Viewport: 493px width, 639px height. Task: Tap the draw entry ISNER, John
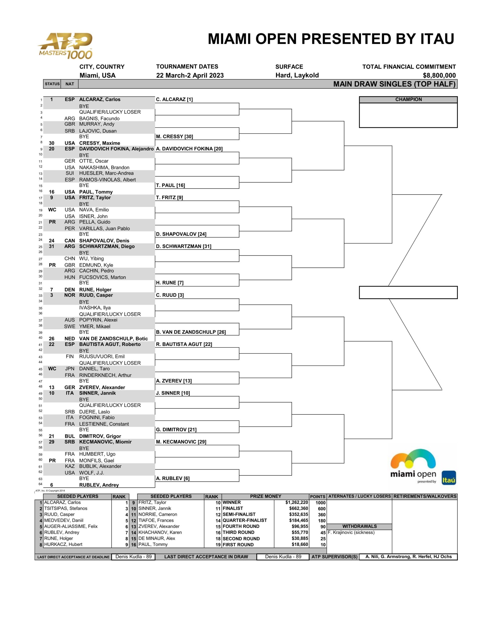click(x=93, y=216)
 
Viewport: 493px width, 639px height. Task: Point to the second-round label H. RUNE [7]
click(x=169, y=283)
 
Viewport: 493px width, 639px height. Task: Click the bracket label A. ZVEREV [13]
click(x=173, y=381)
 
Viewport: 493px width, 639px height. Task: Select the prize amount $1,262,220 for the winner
click(x=296, y=502)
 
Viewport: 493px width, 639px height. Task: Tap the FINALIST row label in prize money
click(x=233, y=508)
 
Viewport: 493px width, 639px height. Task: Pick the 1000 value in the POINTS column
click(x=320, y=503)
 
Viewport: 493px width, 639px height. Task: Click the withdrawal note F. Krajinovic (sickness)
click(x=351, y=532)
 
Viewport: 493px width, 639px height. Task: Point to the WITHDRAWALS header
click(x=359, y=526)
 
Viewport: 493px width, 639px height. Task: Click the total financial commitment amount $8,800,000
click(x=439, y=75)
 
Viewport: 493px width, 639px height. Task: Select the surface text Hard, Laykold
click(x=297, y=75)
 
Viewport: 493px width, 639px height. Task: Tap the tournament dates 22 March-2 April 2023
click(x=190, y=75)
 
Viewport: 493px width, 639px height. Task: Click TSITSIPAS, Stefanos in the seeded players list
click(x=66, y=508)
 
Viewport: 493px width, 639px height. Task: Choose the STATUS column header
click(x=52, y=84)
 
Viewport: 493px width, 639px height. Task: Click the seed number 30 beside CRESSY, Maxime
click(x=51, y=143)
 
